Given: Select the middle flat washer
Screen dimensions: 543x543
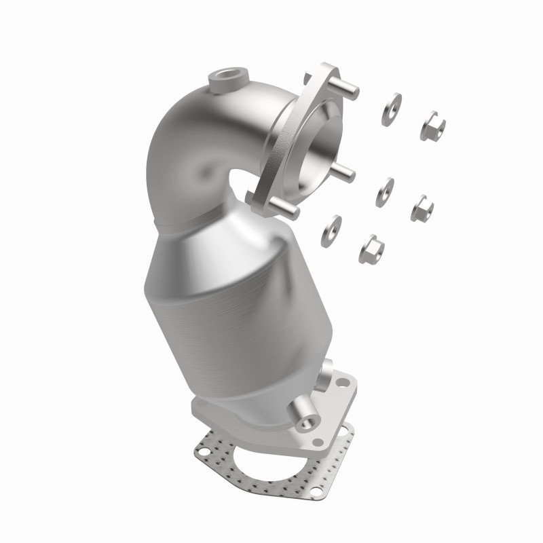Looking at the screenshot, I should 385,193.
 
